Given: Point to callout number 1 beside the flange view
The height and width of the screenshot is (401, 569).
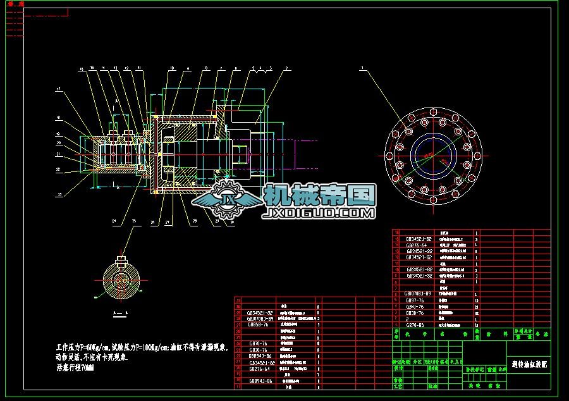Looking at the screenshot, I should [x=362, y=68].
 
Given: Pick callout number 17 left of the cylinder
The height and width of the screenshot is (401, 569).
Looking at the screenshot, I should [x=58, y=90].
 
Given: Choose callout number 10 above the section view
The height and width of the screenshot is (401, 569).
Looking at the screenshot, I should [x=171, y=68].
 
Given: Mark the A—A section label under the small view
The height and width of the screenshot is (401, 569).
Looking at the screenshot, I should [x=119, y=313].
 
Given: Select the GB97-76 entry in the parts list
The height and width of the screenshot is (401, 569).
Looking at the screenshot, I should [x=419, y=300].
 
